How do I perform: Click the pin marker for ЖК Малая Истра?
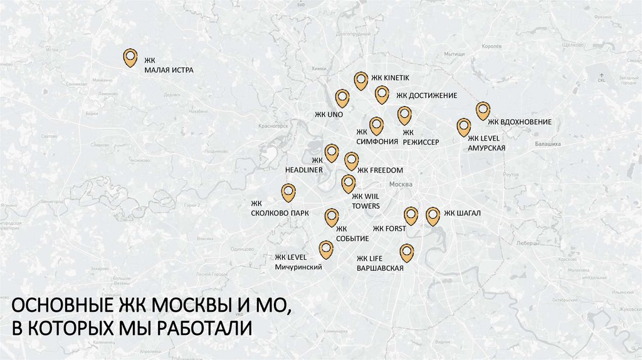130,57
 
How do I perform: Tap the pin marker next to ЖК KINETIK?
360,80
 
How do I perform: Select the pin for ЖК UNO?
342,98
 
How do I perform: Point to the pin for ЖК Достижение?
382,94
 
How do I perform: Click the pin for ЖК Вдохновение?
483,110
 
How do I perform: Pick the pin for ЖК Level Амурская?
463,127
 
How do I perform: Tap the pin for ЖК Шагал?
433,216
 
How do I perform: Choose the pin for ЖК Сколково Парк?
288,192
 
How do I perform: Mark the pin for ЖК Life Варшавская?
407,252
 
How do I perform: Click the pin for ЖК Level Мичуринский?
326,250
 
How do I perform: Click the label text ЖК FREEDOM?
380,170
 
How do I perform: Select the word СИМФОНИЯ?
377,142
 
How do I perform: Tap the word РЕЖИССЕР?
421,142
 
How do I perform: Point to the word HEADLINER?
304,170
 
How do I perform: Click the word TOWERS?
366,206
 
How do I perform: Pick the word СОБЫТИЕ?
352,239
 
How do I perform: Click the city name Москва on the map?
401,184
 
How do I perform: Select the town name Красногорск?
273,125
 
